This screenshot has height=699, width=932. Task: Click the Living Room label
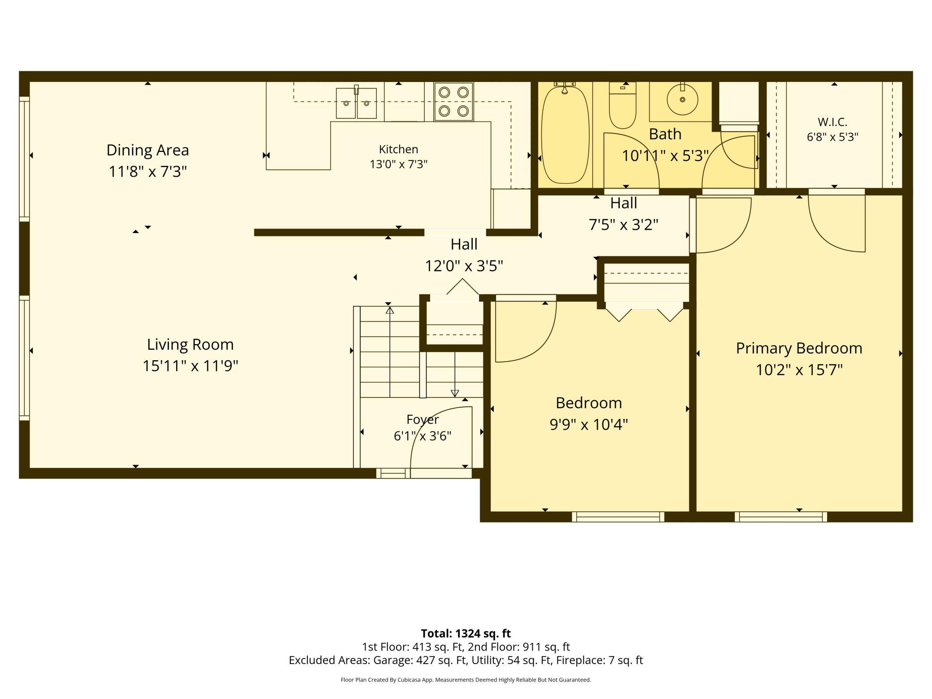[190, 344]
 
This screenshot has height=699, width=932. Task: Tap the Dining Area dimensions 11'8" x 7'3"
[148, 171]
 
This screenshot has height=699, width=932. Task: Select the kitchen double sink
[356, 103]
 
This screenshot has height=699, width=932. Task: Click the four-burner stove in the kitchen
[453, 101]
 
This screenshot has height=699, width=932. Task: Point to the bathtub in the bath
[565, 134]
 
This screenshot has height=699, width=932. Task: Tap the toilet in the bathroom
[622, 106]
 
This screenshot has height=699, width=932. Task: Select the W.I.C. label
[833, 122]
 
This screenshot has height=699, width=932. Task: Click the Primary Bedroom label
[799, 348]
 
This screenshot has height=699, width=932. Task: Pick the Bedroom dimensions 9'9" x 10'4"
[589, 424]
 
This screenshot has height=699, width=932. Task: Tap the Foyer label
[423, 419]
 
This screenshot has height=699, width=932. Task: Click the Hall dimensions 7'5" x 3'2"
[623, 224]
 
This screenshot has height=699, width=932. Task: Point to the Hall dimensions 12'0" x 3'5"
[464, 266]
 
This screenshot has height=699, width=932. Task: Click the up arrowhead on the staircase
[390, 310]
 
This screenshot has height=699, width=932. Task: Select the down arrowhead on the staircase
[455, 393]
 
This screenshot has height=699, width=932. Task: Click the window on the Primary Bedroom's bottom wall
[781, 517]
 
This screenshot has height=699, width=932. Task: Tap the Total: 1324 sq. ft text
[466, 633]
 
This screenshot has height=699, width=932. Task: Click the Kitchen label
[398, 149]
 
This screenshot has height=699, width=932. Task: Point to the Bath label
[665, 134]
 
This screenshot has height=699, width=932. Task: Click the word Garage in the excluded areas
[393, 660]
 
